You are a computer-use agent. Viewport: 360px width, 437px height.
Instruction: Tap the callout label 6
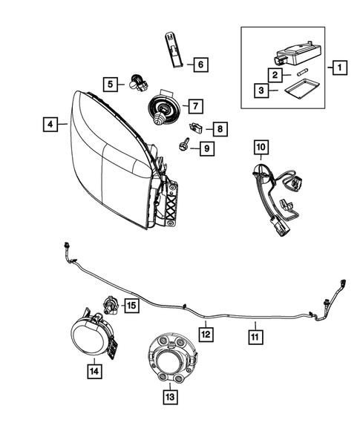point(200,65)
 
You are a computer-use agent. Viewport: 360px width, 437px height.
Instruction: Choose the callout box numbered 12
point(206,335)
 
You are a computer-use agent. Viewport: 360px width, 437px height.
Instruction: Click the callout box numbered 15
point(131,305)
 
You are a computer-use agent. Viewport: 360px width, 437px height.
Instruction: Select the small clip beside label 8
point(195,126)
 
